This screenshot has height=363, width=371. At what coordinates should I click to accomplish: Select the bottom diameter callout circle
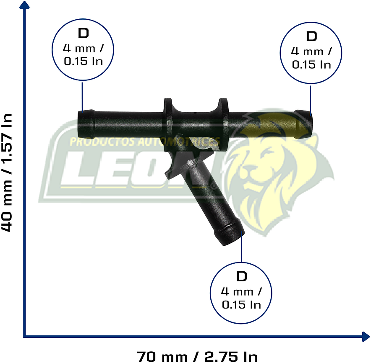(241, 292)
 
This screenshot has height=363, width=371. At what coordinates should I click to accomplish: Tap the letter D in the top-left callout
(83, 33)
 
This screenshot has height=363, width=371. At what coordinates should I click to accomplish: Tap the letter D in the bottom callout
(241, 276)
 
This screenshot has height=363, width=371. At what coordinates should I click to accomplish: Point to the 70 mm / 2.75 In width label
(197, 356)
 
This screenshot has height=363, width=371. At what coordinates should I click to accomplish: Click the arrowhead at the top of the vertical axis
(25, 5)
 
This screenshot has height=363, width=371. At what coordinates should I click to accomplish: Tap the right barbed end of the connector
(305, 124)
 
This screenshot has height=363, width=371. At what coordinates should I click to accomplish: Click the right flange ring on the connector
(223, 122)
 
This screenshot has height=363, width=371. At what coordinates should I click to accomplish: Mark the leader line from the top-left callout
(82, 96)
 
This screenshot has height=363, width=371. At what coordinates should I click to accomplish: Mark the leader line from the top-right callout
(311, 98)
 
